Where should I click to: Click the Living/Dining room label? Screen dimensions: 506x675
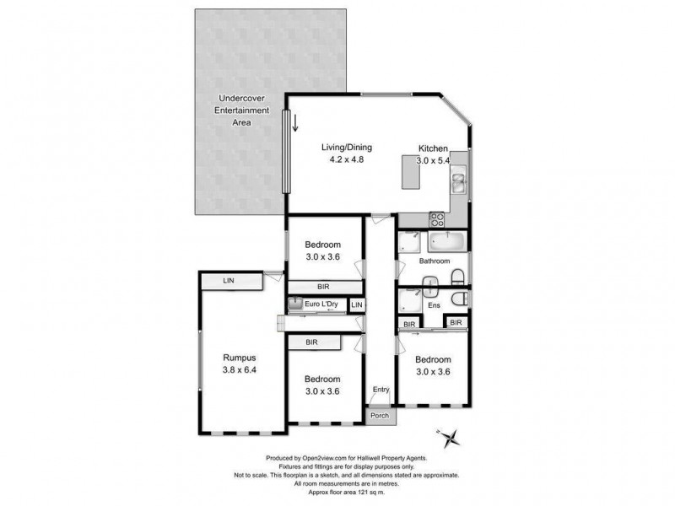346,148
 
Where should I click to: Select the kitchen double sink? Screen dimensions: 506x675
458,182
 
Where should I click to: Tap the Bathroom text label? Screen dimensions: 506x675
435,261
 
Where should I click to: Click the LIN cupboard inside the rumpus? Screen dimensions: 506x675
229,281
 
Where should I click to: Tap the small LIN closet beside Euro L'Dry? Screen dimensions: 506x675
357,304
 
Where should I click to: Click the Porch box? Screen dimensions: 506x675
380,416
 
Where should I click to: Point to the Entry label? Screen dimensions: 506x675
381,390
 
